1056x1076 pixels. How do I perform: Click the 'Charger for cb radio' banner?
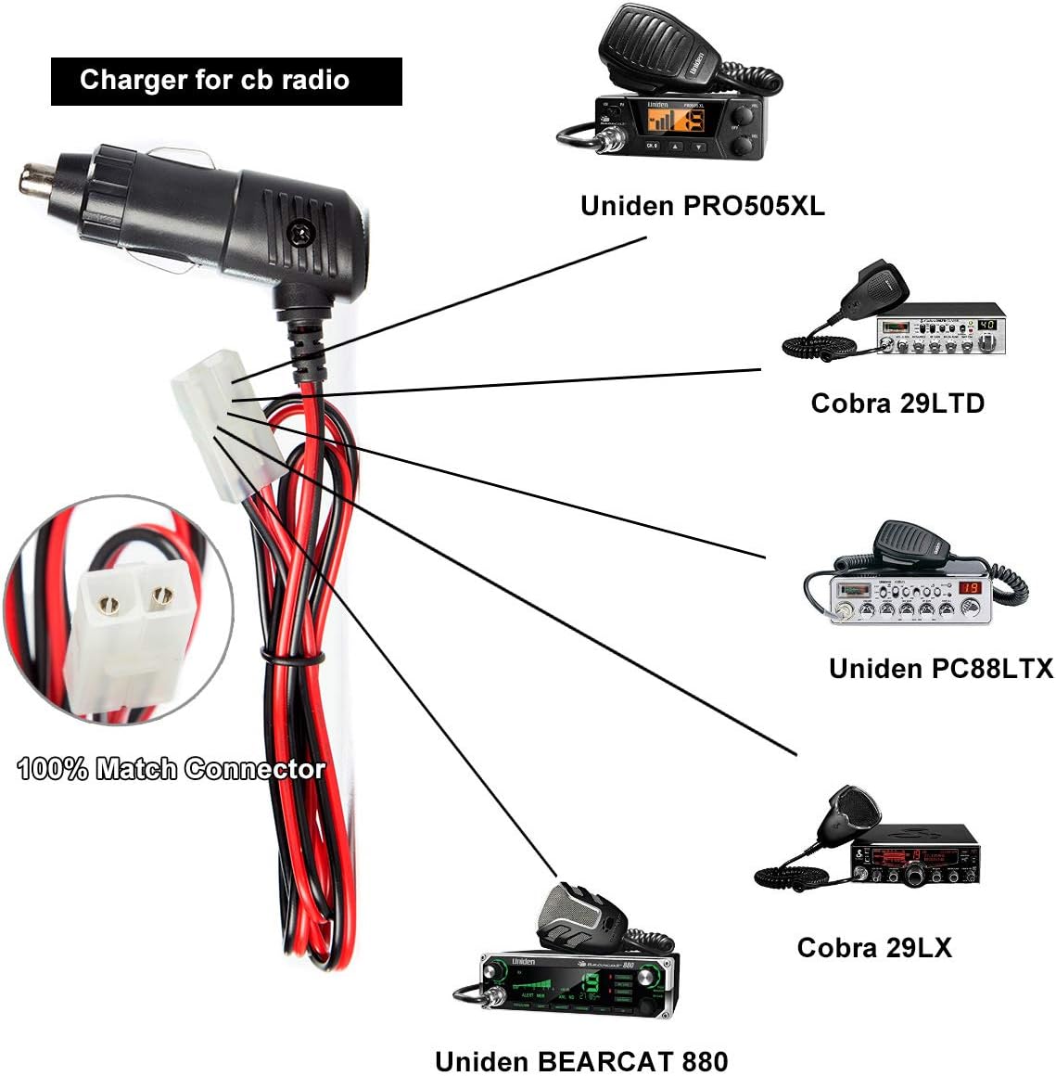[x=225, y=81]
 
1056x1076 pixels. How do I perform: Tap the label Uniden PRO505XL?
[x=702, y=205]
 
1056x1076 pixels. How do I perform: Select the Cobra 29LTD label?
[x=897, y=403]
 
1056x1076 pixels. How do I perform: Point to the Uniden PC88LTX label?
[x=940, y=668]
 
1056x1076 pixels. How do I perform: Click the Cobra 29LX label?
[x=873, y=947]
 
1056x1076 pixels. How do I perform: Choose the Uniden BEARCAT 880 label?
[x=581, y=1060]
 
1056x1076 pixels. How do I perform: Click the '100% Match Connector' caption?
[x=172, y=768]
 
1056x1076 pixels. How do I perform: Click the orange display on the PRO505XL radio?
[x=659, y=120]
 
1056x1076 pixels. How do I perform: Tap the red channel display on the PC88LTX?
[x=970, y=587]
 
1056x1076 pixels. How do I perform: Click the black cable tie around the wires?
[x=293, y=659]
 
